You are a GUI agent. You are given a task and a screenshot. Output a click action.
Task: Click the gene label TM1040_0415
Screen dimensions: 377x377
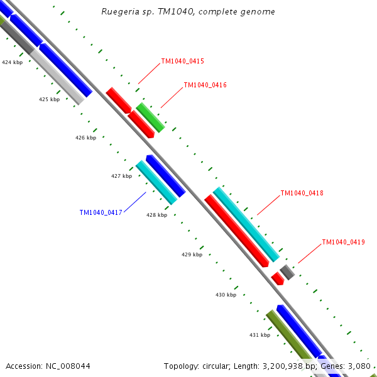point(182,62)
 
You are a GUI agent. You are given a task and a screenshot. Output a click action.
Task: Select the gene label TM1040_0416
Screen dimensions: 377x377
point(205,85)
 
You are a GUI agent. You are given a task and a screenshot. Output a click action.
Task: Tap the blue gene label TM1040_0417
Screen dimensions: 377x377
point(101,212)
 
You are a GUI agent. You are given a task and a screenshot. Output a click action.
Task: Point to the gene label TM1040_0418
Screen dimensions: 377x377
point(302,193)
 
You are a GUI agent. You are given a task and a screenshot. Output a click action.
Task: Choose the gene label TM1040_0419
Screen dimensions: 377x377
point(343,242)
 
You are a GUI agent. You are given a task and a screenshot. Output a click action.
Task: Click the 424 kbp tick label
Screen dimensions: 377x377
point(12,62)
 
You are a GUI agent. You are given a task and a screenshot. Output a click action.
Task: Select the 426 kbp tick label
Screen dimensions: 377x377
point(85,138)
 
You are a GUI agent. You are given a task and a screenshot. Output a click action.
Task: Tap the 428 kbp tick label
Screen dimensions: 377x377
point(156,215)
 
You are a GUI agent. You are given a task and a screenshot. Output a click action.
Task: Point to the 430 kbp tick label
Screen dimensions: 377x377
point(226,295)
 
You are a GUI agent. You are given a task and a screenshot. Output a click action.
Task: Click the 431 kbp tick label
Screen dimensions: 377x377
point(260,335)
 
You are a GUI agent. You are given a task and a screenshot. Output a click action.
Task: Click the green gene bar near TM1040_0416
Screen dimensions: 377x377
point(151,117)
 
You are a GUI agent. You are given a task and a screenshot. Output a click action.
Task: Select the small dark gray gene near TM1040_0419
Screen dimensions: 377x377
point(287,272)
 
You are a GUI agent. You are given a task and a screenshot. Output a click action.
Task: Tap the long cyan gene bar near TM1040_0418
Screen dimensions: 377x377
point(246,224)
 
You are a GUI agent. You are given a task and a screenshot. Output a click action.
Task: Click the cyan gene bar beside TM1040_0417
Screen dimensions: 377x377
point(156,182)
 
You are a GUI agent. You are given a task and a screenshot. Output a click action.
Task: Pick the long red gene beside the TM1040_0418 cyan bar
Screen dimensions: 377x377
point(236,230)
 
